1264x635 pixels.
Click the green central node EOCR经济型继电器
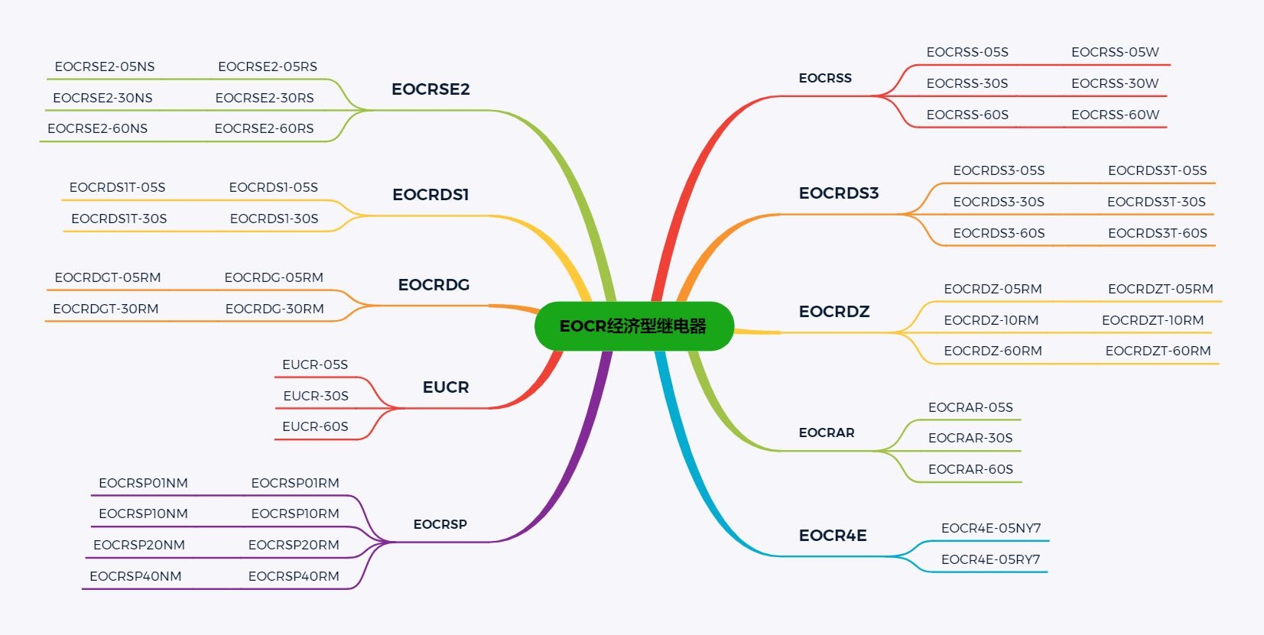pos(634,326)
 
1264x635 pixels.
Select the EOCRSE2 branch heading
pos(431,89)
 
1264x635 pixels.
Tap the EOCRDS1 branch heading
pos(431,195)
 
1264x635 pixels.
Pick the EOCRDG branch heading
pos(434,285)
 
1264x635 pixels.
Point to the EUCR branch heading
pos(446,387)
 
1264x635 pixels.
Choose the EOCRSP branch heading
pos(440,524)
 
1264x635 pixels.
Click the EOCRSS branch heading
pos(825,78)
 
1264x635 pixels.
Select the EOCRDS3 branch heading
pos(839,193)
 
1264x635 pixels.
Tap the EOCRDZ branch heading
pos(834,311)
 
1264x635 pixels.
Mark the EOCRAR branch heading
pos(827,433)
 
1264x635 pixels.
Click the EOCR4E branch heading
pos(833,535)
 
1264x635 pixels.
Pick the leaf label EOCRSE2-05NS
pos(105,66)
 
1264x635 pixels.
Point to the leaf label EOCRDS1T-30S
pos(119,219)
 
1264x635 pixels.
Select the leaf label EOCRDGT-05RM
pos(108,277)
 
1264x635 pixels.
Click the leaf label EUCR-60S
pos(316,426)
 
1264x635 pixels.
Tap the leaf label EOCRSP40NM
pos(135,576)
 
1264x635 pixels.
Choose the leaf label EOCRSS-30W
pos(1115,83)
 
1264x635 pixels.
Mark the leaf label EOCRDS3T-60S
pos(1158,233)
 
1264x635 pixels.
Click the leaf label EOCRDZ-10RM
pos(992,320)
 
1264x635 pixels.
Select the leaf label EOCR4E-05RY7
pos(990,559)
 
